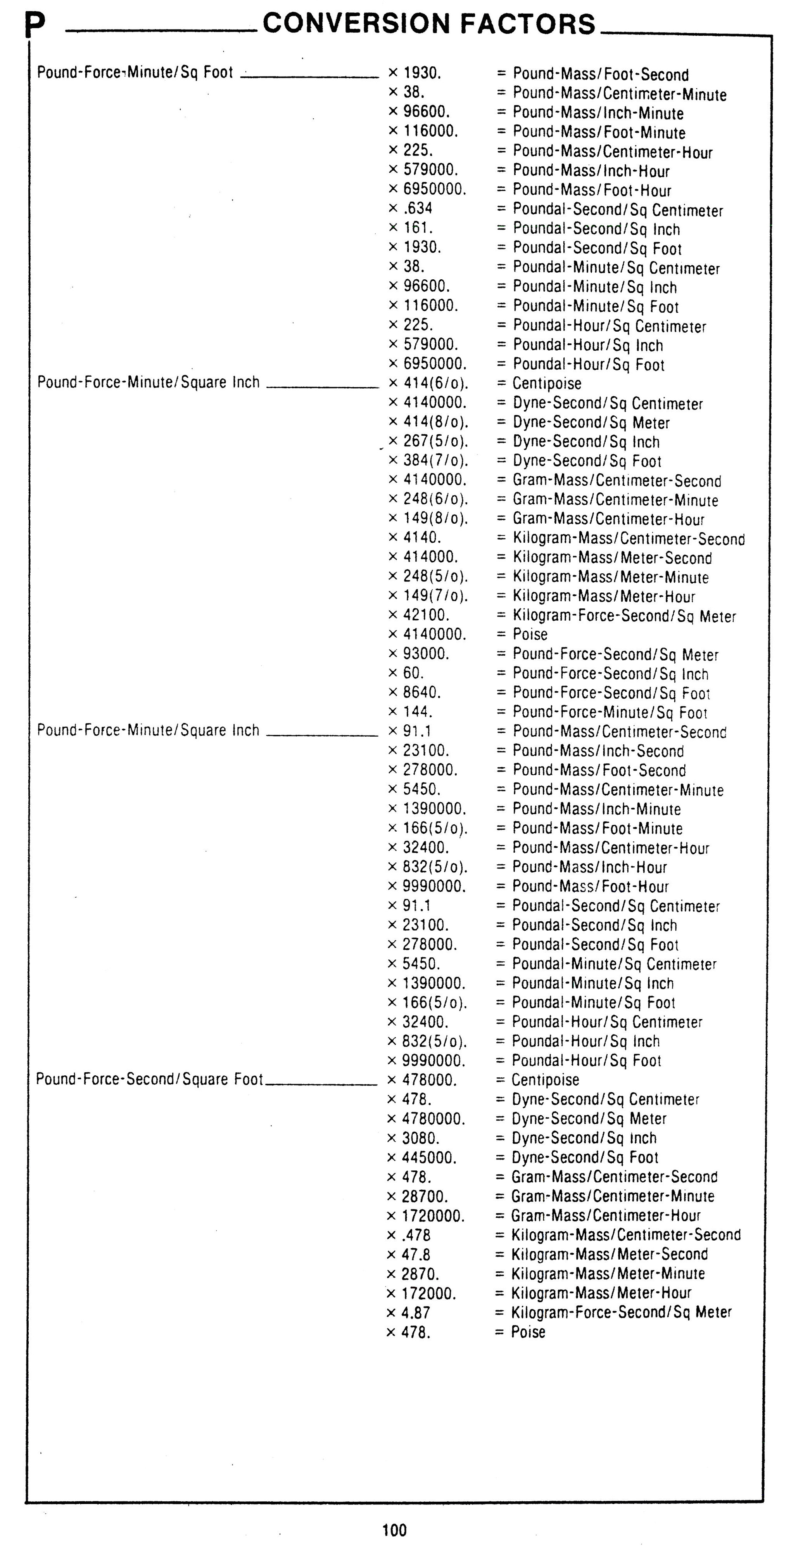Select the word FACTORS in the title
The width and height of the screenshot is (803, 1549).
coord(528,24)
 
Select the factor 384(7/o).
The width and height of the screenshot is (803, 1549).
coord(435,460)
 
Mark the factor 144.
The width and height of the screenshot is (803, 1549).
coord(418,711)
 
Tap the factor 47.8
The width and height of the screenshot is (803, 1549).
coord(416,1254)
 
